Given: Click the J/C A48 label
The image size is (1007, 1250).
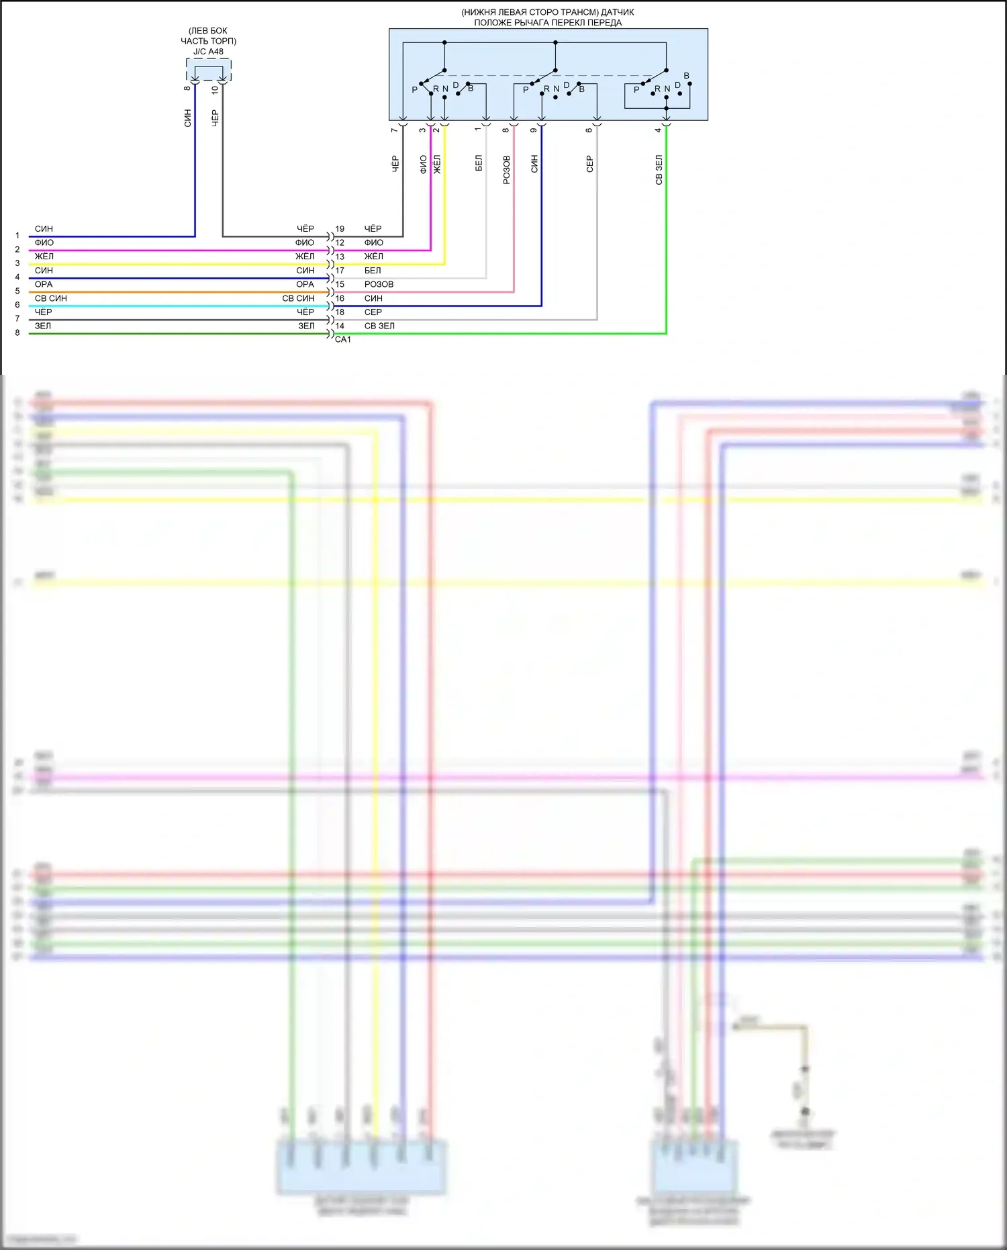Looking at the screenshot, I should pyautogui.click(x=208, y=52).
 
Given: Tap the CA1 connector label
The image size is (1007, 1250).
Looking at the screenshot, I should pyautogui.click(x=342, y=340).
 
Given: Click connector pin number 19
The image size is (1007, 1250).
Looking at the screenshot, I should pyautogui.click(x=340, y=229).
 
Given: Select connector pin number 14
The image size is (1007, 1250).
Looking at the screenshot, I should pyautogui.click(x=340, y=326).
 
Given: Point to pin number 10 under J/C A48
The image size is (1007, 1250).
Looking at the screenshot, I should pyautogui.click(x=215, y=90).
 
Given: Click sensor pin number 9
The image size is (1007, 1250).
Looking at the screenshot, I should pyautogui.click(x=534, y=130).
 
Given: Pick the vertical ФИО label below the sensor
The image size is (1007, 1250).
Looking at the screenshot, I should pyautogui.click(x=423, y=165).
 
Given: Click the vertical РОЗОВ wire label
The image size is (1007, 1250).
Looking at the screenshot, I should pyautogui.click(x=507, y=170).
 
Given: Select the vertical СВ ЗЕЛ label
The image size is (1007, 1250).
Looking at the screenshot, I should pyautogui.click(x=659, y=170).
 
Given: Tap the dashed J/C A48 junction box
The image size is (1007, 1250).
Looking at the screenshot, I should pyautogui.click(x=209, y=70).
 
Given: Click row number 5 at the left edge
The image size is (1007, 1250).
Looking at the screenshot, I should pyautogui.click(x=17, y=291).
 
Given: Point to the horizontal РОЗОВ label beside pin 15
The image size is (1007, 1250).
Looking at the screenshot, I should pyautogui.click(x=379, y=284).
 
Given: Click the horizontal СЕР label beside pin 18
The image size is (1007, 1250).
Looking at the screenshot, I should pyautogui.click(x=373, y=312).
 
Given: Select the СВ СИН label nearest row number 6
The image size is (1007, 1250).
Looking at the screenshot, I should pyautogui.click(x=51, y=298).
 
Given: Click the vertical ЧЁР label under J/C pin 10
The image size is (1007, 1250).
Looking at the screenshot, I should pyautogui.click(x=215, y=118).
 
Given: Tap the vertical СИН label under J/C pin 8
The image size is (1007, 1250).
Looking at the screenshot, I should pyautogui.click(x=188, y=118).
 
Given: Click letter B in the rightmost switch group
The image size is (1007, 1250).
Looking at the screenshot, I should pyautogui.click(x=686, y=76).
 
